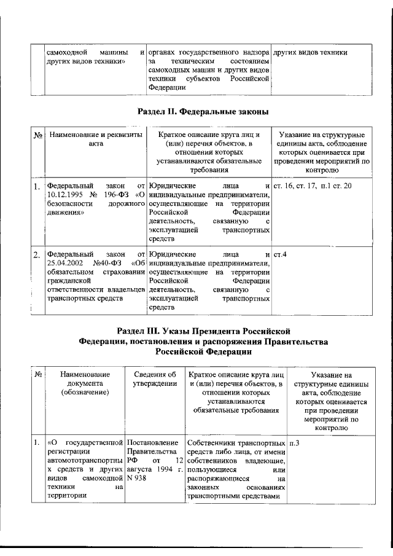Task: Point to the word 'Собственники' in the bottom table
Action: point(212,443)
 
